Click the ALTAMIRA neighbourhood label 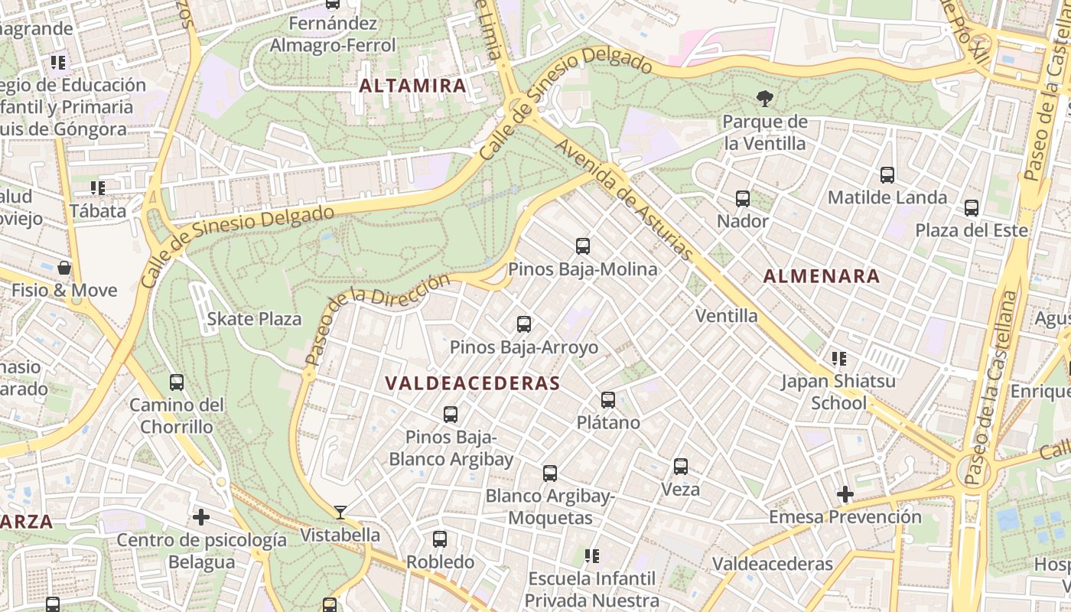point(413,86)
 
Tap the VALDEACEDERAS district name point(472,383)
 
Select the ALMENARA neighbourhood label point(822,277)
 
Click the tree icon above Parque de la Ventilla point(763,98)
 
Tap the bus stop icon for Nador point(742,199)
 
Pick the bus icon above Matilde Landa point(887,175)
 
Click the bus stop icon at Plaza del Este point(971,208)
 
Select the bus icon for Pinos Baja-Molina point(583,246)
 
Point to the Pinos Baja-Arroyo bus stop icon point(523,324)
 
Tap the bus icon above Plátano point(608,399)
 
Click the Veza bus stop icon point(680,467)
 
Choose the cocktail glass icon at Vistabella point(340,512)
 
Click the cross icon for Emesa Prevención point(845,495)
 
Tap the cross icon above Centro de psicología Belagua point(201,518)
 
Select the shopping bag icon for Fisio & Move point(64,268)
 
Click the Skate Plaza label point(255,319)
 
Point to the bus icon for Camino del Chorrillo point(177,382)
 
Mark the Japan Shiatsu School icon point(838,359)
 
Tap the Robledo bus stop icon point(440,539)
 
